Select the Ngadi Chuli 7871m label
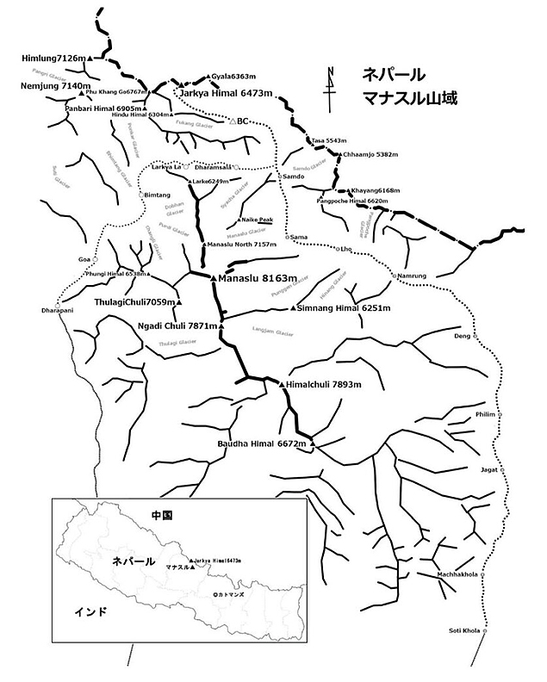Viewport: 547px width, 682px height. coord(177,326)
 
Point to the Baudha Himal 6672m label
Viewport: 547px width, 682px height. coord(262,443)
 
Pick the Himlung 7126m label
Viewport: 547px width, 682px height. coord(52,58)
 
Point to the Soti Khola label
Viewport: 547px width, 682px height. coord(464,631)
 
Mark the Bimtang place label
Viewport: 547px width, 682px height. coord(158,195)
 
